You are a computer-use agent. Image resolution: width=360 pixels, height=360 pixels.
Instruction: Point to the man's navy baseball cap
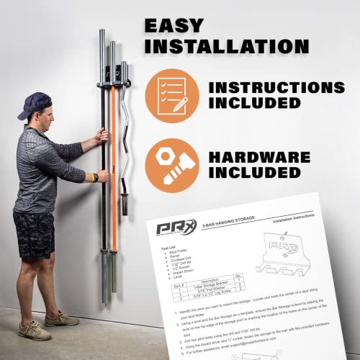click(36, 104)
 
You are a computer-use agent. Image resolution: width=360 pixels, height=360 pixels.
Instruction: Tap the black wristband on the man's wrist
click(94, 176)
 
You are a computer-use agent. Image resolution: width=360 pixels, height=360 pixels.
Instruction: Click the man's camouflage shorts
click(35, 234)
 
